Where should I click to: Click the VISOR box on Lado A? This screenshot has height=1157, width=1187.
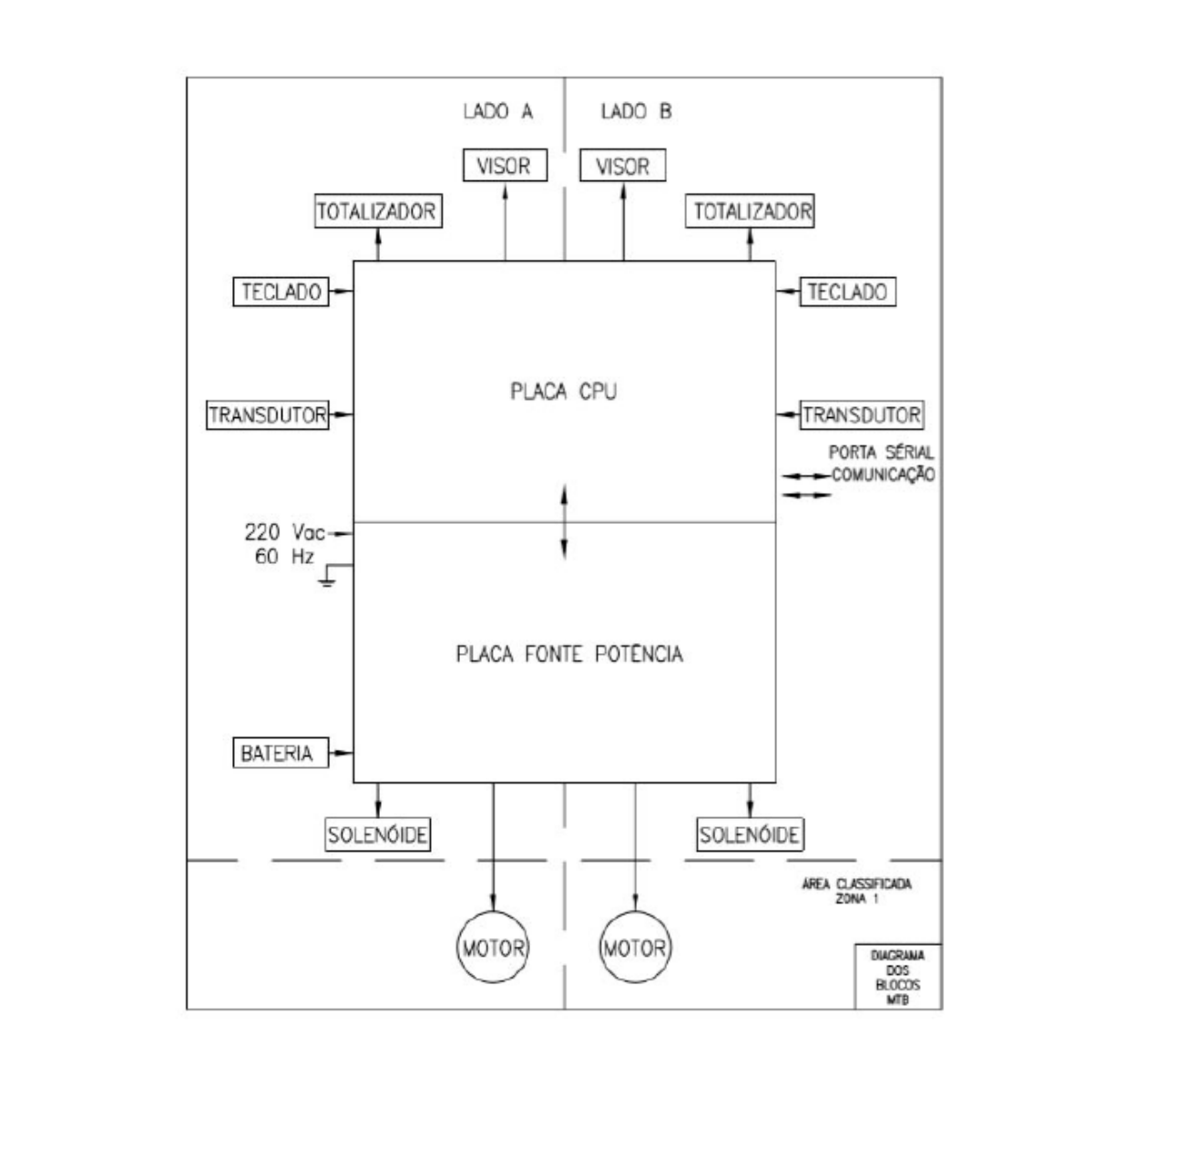point(505,165)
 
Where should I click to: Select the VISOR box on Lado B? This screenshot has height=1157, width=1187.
point(623,165)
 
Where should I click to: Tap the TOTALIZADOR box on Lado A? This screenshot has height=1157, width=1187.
point(378,211)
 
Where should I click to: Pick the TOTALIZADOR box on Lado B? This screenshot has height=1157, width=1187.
point(750,211)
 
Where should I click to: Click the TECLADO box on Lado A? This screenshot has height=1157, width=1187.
point(281,292)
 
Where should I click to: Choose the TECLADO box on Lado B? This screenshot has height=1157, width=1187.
point(848,292)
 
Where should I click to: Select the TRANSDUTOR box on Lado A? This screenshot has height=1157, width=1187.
point(268,415)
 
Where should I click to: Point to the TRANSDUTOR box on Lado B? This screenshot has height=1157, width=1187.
point(862,415)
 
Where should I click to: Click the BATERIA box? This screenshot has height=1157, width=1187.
point(281,753)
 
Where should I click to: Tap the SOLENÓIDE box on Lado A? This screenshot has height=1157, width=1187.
point(377,834)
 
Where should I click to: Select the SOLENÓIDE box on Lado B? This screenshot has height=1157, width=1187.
point(751,834)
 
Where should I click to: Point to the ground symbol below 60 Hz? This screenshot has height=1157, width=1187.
point(328,581)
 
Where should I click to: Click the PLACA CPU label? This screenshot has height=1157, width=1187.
point(564,391)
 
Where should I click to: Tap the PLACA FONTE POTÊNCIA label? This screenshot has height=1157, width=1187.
point(569,654)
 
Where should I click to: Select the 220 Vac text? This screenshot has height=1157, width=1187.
point(285,532)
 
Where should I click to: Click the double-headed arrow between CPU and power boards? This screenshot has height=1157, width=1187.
point(564,522)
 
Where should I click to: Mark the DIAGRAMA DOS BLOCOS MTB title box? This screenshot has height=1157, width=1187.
point(898,978)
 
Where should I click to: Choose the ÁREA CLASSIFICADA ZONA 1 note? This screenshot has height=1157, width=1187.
point(856,891)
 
